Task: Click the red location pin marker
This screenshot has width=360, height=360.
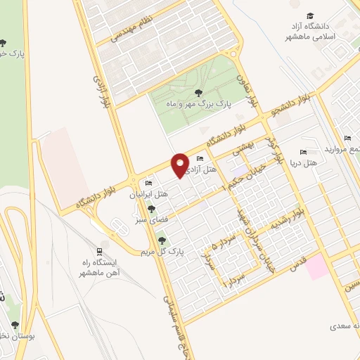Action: tap(180, 164)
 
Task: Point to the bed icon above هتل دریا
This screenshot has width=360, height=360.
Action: tap(303, 152)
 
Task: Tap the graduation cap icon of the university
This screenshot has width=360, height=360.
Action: tap(309, 15)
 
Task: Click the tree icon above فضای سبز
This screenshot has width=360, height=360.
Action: tap(151, 208)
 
